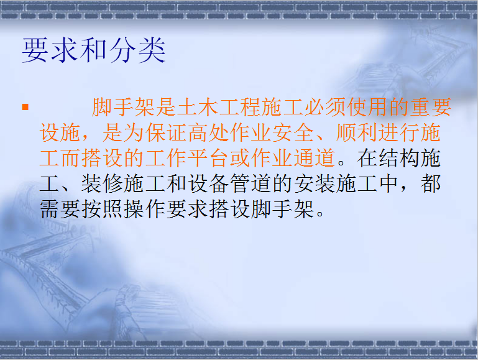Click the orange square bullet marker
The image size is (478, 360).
pos(25,107)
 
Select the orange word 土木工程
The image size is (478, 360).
pos(219,108)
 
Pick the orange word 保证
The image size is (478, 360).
pos(166,133)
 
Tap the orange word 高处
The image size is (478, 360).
pos(208,133)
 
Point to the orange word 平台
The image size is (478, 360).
pos(208,158)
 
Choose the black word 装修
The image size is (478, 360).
pos(103,184)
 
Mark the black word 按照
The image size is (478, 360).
pos(103,210)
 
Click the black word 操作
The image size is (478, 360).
pos(145,210)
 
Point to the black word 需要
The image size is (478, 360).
pos(60,210)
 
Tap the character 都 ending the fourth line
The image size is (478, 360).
pos(431,184)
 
